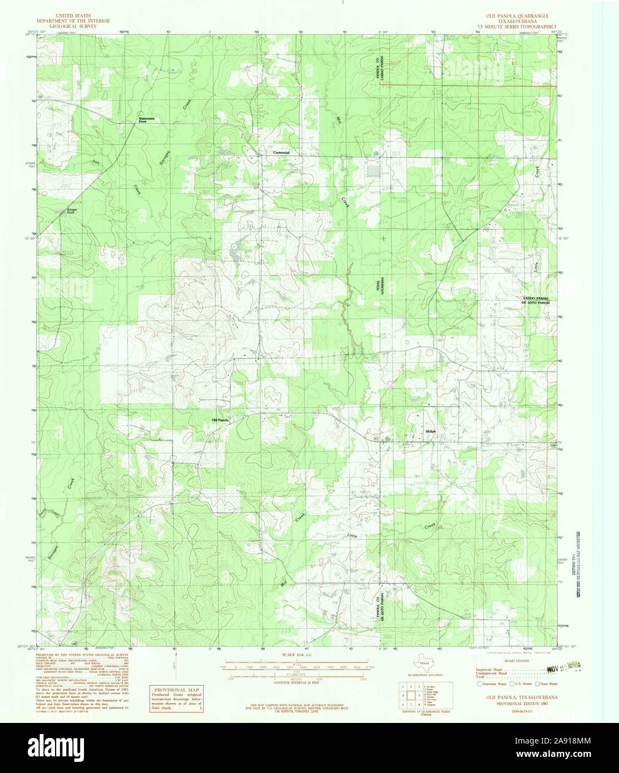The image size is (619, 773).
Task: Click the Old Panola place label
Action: click(x=220, y=420)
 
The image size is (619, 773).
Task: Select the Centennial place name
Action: click(x=281, y=152)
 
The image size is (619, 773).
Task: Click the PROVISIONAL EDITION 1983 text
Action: click(x=515, y=702)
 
